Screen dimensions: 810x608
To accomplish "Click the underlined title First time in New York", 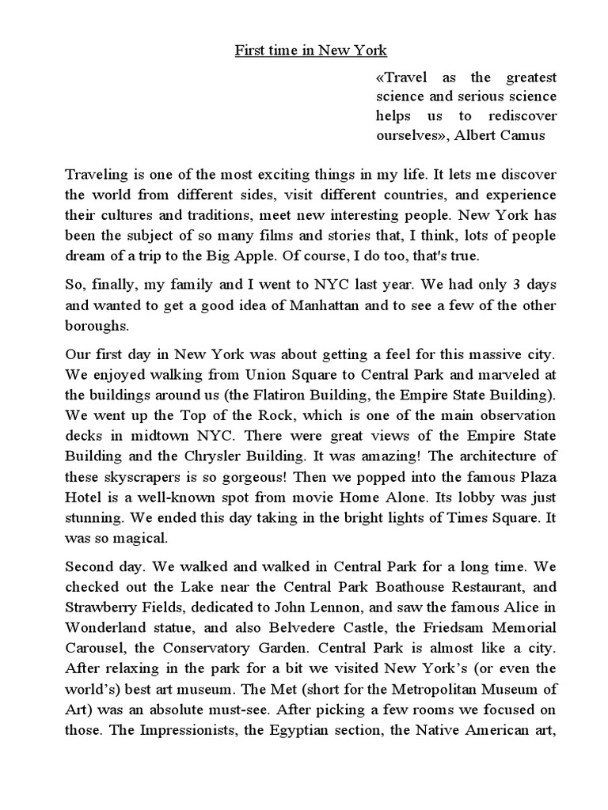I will pos(310,51).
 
